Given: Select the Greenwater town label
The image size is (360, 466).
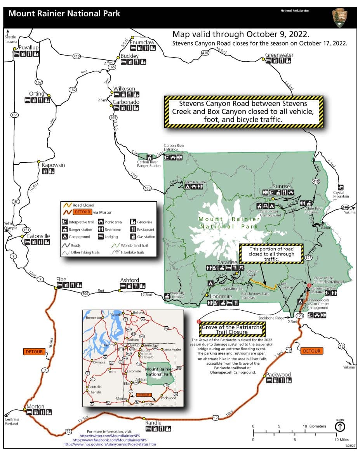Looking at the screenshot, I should [x=279, y=55].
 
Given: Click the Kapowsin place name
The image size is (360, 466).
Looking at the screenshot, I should [x=53, y=165].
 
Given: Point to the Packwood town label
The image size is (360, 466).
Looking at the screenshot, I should [x=278, y=374].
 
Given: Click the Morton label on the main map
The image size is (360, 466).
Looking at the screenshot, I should [x=35, y=406].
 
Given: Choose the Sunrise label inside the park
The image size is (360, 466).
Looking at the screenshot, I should [x=282, y=186].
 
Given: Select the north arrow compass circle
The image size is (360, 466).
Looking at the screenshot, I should [x=340, y=427].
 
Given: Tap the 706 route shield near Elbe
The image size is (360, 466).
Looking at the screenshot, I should [x=85, y=294].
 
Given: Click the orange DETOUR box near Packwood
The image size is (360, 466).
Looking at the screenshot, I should [x=311, y=351].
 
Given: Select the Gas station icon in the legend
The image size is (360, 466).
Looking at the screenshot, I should [x=132, y=236].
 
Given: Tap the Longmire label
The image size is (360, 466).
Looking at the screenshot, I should [x=221, y=296].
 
